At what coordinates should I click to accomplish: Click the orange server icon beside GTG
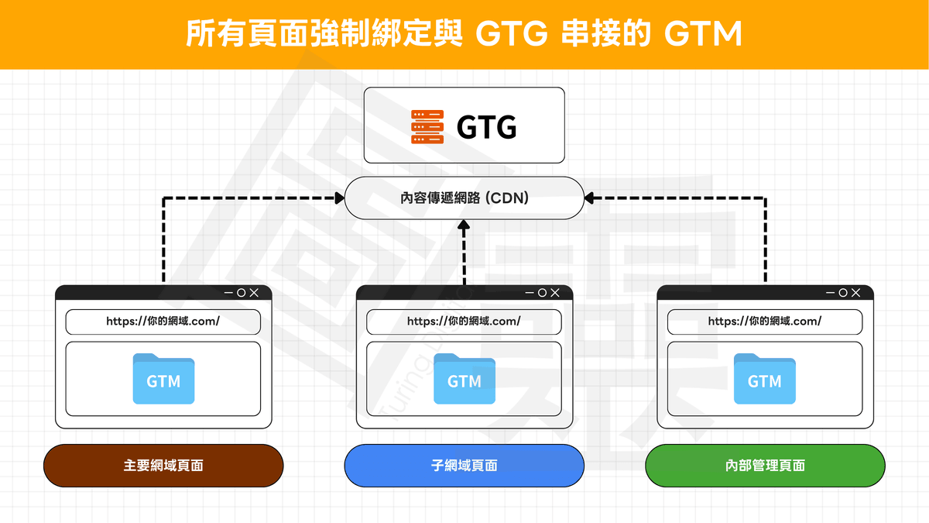[427, 126]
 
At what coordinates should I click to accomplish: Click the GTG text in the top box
[486, 126]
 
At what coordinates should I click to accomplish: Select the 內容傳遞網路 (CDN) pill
[464, 198]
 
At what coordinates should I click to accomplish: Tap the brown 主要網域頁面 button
[163, 466]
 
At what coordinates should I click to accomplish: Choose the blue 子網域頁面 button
[464, 466]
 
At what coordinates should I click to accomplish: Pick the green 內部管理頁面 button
[765, 466]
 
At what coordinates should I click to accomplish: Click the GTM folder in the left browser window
[163, 379]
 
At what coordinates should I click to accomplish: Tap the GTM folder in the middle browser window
[464, 379]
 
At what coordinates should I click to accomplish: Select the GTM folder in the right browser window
[765, 379]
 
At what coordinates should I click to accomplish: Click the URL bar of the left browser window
[163, 322]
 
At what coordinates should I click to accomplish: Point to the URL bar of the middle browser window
[464, 322]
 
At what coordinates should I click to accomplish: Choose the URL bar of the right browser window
[765, 322]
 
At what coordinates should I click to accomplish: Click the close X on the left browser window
[255, 293]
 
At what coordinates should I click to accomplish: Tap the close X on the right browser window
[855, 293]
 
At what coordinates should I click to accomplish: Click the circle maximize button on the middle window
[542, 293]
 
